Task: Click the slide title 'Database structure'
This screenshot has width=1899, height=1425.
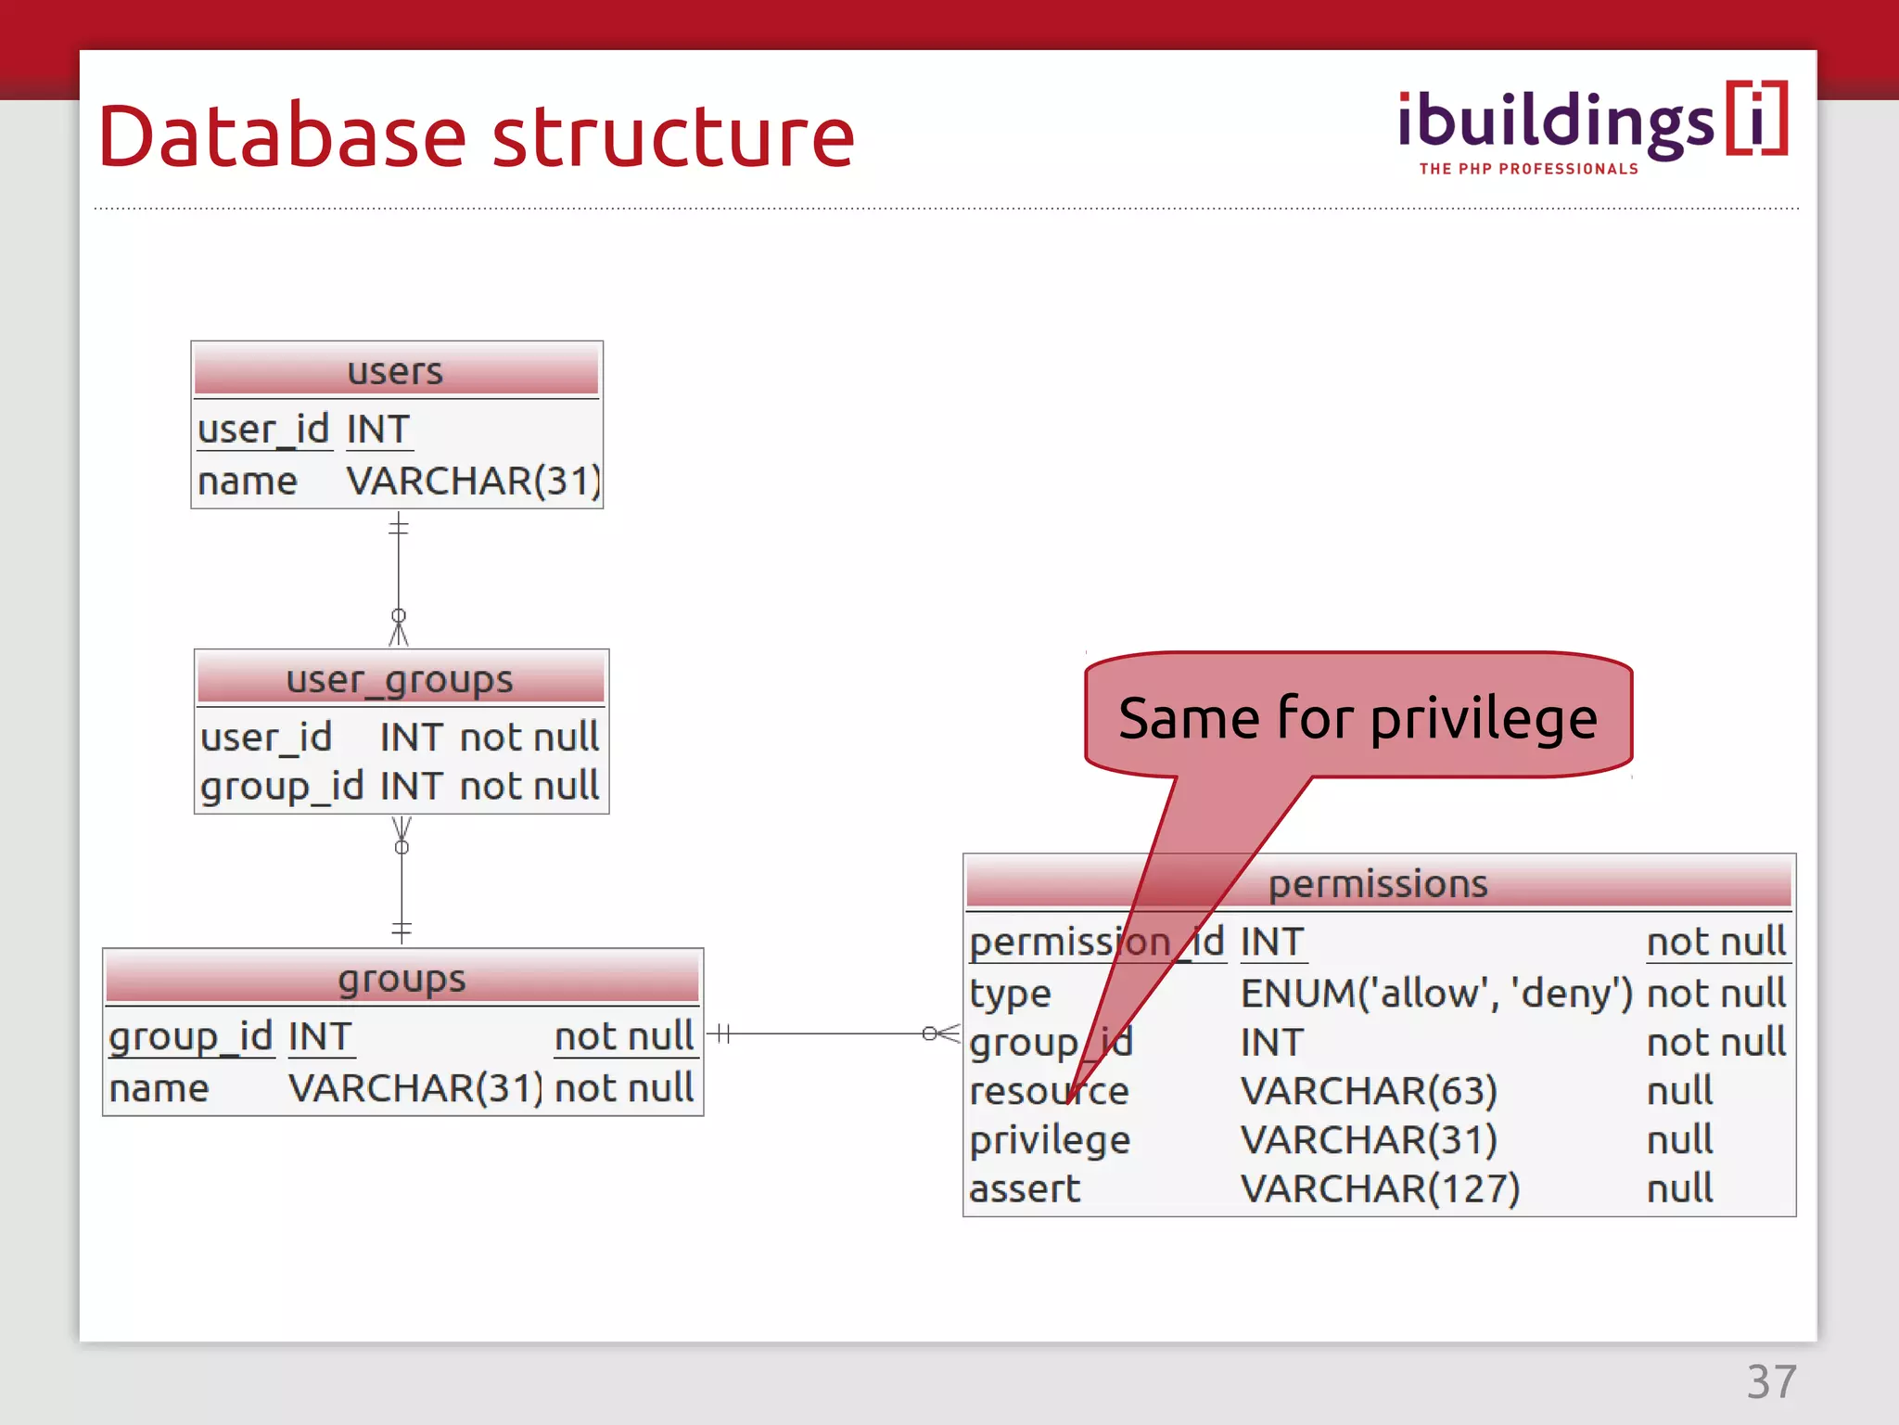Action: (476, 136)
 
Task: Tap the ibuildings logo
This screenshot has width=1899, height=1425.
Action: (1591, 122)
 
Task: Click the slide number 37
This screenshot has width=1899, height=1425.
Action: (1771, 1381)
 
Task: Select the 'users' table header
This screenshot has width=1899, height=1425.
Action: (396, 371)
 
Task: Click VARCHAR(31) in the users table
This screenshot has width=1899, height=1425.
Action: (473, 481)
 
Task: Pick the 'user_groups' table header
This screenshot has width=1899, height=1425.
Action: (401, 680)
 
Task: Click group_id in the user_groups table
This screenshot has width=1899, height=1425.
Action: (282, 786)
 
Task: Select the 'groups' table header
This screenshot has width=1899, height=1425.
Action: (401, 979)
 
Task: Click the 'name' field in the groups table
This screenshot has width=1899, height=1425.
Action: (159, 1088)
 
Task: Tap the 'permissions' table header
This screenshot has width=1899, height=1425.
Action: (1378, 883)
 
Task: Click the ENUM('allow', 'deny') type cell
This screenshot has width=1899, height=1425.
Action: (1436, 994)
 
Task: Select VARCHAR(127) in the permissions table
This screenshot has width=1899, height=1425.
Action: (1380, 1188)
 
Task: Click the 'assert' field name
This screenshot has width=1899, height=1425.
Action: (1025, 1188)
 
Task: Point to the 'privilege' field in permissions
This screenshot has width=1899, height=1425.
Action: (1050, 1139)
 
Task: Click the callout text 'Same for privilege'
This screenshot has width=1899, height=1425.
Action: (1357, 718)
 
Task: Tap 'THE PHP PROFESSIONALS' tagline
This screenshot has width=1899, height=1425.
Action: (1528, 169)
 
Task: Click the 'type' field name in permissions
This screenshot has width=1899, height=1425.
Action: (1010, 994)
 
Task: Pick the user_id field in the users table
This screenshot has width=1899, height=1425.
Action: (263, 430)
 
